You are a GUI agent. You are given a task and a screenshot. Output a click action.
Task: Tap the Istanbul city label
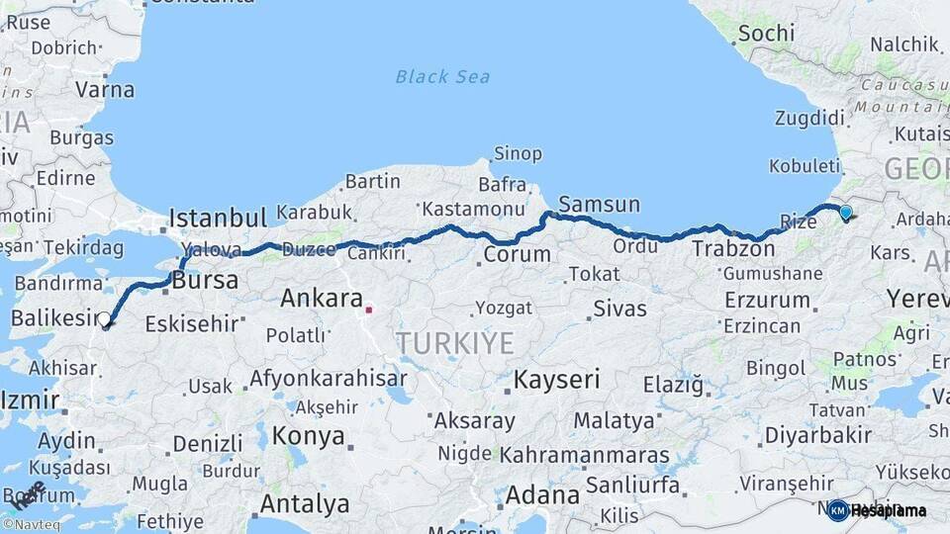tap(218, 218)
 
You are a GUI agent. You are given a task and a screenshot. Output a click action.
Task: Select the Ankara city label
tap(322, 298)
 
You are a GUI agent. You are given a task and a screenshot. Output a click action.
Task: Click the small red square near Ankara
tap(369, 310)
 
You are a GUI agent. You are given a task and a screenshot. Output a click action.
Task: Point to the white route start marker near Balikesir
tap(105, 318)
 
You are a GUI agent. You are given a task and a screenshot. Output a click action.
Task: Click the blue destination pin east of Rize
tap(845, 212)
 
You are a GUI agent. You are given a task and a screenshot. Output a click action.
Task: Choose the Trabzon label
tap(733, 248)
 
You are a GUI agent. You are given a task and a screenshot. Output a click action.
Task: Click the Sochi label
tap(766, 33)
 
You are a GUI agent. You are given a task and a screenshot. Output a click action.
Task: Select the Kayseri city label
tap(556, 379)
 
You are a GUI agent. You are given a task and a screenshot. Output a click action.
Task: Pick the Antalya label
tap(304, 503)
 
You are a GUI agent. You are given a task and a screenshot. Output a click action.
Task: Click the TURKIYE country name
tap(455, 343)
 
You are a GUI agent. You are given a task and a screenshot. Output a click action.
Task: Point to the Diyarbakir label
tap(817, 435)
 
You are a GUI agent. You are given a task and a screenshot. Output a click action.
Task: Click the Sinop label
tap(518, 153)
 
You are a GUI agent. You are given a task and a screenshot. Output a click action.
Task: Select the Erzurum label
tap(767, 300)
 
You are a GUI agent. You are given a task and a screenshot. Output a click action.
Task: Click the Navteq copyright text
tap(31, 525)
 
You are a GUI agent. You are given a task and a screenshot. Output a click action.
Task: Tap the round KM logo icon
tap(838, 510)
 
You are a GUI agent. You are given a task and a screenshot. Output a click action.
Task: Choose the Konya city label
tap(309, 436)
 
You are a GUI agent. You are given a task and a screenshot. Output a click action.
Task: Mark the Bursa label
tap(205, 281)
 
